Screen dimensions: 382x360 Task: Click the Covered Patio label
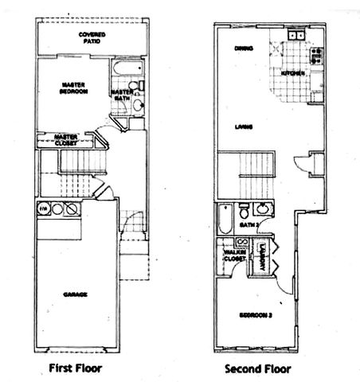93,37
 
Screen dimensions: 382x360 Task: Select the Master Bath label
123,95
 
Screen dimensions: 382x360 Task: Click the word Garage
76,294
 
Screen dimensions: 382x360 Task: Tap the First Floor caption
76,368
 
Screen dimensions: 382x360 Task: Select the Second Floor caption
257,368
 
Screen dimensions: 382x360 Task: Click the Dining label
243,49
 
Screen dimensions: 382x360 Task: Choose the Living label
244,126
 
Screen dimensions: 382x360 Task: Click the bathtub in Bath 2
225,216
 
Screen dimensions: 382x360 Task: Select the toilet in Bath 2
244,211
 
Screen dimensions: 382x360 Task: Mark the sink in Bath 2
261,210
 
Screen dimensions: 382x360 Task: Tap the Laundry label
260,255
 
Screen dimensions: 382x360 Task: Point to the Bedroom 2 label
256,316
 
